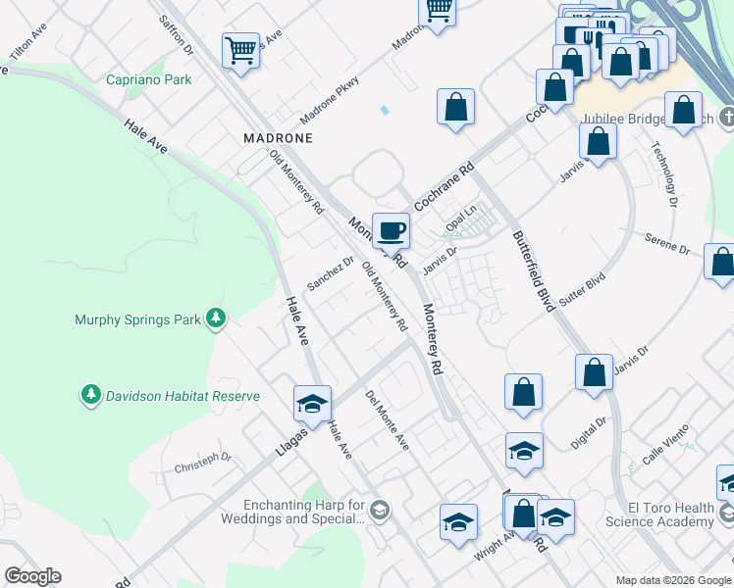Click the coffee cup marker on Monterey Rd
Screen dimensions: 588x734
click(x=392, y=231)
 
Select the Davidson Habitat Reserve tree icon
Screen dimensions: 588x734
click(x=91, y=395)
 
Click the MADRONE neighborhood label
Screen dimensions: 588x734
click(x=278, y=138)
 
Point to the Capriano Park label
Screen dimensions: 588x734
click(x=149, y=79)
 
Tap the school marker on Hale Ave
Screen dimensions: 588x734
click(x=312, y=404)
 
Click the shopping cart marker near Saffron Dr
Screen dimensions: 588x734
click(x=240, y=50)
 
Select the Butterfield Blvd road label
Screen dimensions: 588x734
click(x=533, y=270)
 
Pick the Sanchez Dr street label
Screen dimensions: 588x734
click(x=330, y=273)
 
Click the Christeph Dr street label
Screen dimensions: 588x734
click(x=202, y=458)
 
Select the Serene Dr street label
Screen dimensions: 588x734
click(x=667, y=244)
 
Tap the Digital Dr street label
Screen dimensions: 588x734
click(x=589, y=433)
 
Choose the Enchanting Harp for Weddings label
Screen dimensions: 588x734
click(x=291, y=512)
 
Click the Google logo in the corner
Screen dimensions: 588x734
click(x=32, y=576)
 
